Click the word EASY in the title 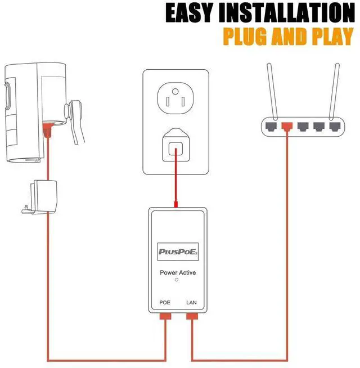(191, 14)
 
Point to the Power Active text (177, 273)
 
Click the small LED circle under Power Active (177, 280)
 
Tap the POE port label (164, 303)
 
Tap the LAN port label (191, 303)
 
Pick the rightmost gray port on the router (336, 125)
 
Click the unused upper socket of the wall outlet (175, 98)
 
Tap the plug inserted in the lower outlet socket (175, 148)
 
